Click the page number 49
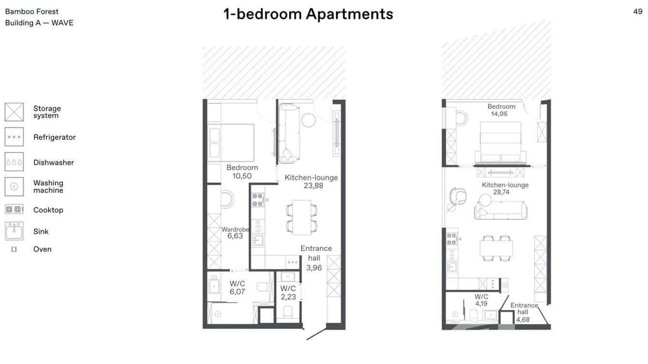tap(637, 12)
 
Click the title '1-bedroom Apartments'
tap(308, 14)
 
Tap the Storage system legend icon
tap(14, 112)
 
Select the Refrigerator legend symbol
tap(14, 137)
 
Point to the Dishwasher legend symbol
tap(14, 162)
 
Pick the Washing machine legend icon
tap(14, 186)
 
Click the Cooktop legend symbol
tap(14, 210)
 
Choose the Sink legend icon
tap(14, 231)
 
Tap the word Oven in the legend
tap(42, 249)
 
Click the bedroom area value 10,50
tap(242, 176)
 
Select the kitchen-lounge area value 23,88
tap(311, 186)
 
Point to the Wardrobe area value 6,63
tap(235, 236)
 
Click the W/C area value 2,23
tap(288, 297)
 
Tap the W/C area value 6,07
tap(237, 292)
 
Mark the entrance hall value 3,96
tap(314, 268)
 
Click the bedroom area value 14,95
tap(501, 114)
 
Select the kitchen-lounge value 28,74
tap(501, 192)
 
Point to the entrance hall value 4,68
tap(523, 319)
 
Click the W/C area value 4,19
tap(481, 304)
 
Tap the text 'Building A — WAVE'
tap(39, 23)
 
